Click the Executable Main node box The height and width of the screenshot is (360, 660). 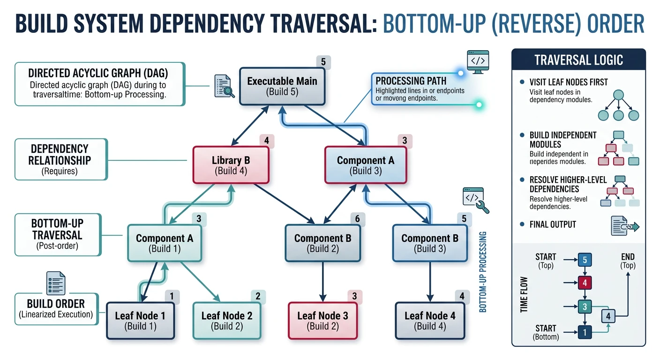[282, 86]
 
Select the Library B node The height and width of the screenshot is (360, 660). [231, 165]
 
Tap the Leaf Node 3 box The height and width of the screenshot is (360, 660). [322, 321]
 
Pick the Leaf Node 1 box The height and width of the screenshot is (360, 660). [140, 321]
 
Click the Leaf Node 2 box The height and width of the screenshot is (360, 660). [226, 321]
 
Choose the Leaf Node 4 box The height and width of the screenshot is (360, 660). [430, 321]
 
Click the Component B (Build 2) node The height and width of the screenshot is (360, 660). [322, 243]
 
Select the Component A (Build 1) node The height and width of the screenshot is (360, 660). [164, 243]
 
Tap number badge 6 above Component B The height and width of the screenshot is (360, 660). [357, 218]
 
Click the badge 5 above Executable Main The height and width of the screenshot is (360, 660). [323, 62]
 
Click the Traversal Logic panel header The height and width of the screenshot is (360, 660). [578, 60]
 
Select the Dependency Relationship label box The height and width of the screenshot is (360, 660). [61, 159]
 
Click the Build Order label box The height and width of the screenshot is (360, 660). [56, 308]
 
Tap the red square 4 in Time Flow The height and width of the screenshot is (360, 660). [585, 283]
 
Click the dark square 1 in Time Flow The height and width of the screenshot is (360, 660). [585, 332]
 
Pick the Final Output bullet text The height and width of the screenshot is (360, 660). [552, 224]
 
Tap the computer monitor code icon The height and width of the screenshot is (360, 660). [478, 61]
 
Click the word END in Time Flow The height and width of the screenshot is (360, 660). [627, 257]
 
